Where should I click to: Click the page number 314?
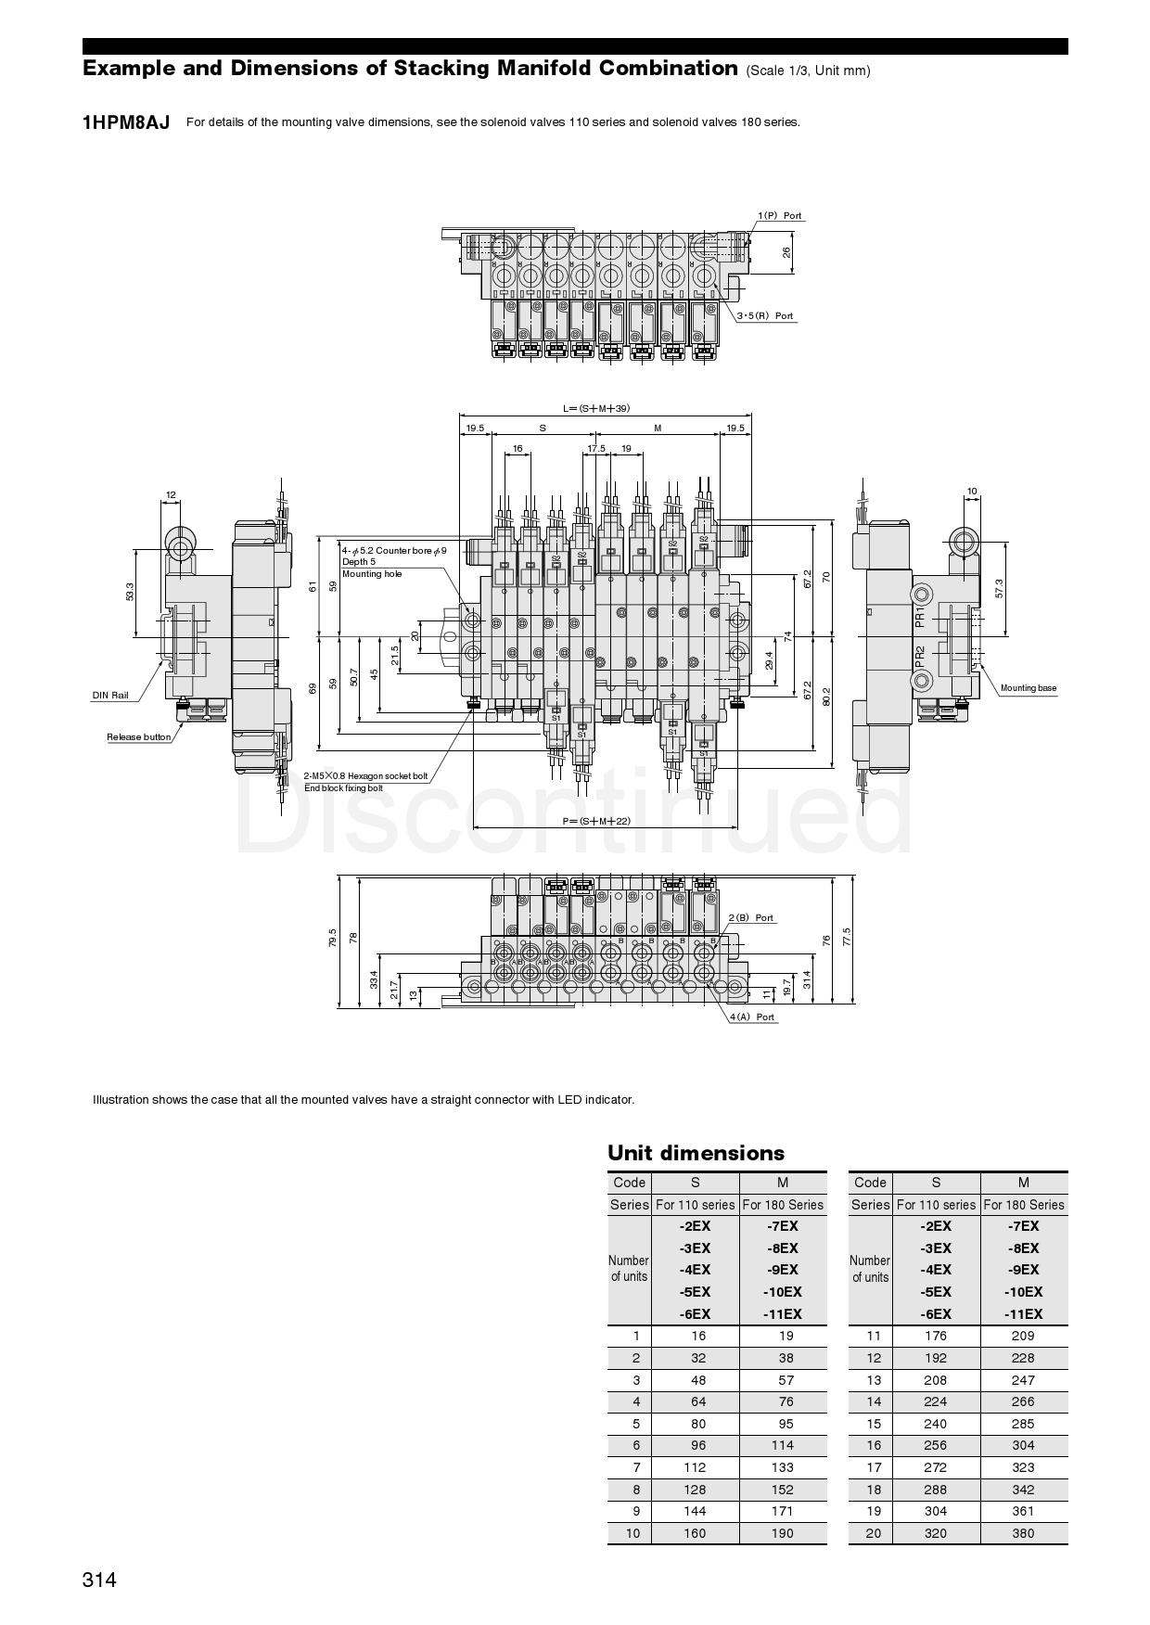99,1580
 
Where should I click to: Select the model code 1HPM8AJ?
126,122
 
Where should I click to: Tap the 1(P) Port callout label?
779,216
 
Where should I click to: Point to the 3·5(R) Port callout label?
765,316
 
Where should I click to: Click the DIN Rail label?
110,696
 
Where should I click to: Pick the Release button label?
139,737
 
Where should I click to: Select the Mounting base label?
1028,688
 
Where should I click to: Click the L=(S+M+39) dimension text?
596,408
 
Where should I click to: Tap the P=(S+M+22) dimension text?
596,821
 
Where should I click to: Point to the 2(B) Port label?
750,918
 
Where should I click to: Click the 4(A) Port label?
752,1017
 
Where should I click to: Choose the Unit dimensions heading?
696,1153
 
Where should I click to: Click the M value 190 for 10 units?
782,1533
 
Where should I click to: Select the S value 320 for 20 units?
935,1533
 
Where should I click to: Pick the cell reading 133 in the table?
782,1467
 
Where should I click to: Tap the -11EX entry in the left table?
782,1313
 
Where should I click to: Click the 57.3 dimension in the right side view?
999,588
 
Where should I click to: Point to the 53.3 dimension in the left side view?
130,592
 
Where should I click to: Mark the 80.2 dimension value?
825,697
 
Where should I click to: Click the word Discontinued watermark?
575,816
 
